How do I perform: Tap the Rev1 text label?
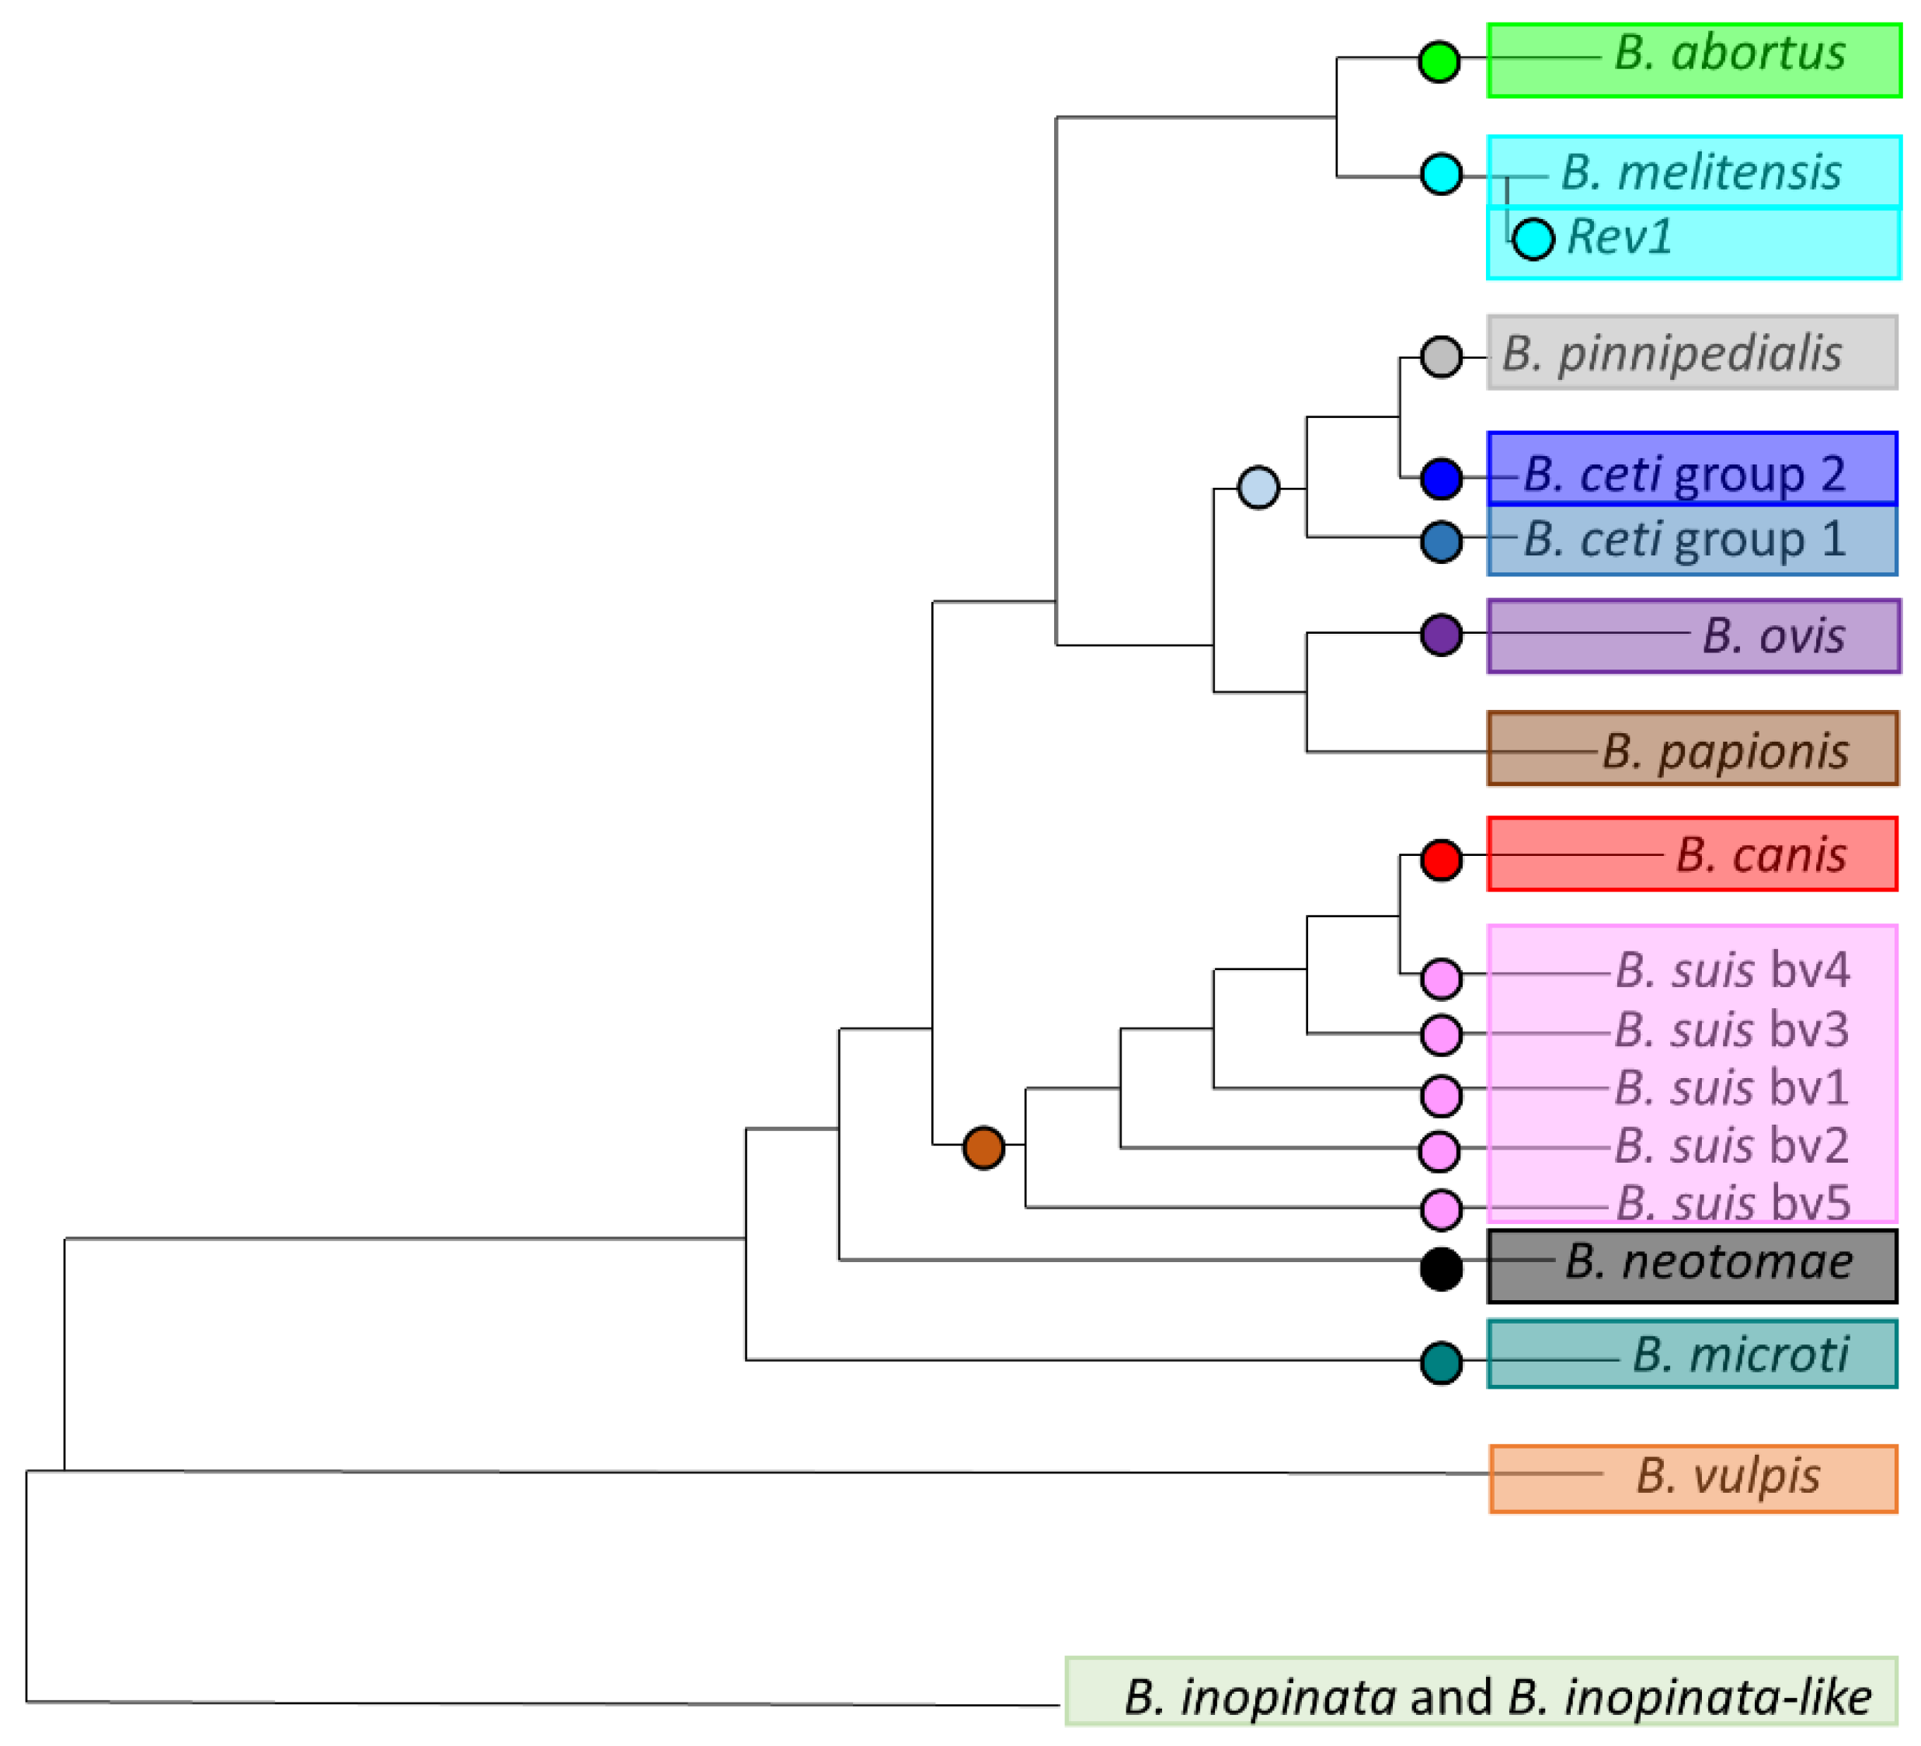pyautogui.click(x=1620, y=237)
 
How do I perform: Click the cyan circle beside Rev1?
pyautogui.click(x=1533, y=238)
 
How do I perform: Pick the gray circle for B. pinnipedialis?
pyautogui.click(x=1441, y=357)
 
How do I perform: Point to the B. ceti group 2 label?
pyautogui.click(x=1684, y=474)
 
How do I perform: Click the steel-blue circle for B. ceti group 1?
pyautogui.click(x=1441, y=542)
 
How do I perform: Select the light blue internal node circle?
pyautogui.click(x=1258, y=488)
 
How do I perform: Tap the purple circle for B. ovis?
pyautogui.click(x=1441, y=635)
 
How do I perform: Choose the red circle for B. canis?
pyautogui.click(x=1441, y=860)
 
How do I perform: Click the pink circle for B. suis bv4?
pyautogui.click(x=1441, y=979)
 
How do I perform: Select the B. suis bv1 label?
pyautogui.click(x=1731, y=1088)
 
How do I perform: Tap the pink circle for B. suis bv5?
pyautogui.click(x=1441, y=1211)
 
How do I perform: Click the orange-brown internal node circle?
pyautogui.click(x=983, y=1148)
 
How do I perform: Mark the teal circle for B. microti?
pyautogui.click(x=1441, y=1363)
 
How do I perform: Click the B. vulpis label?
pyautogui.click(x=1728, y=1476)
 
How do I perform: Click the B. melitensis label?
pyautogui.click(x=1701, y=173)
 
